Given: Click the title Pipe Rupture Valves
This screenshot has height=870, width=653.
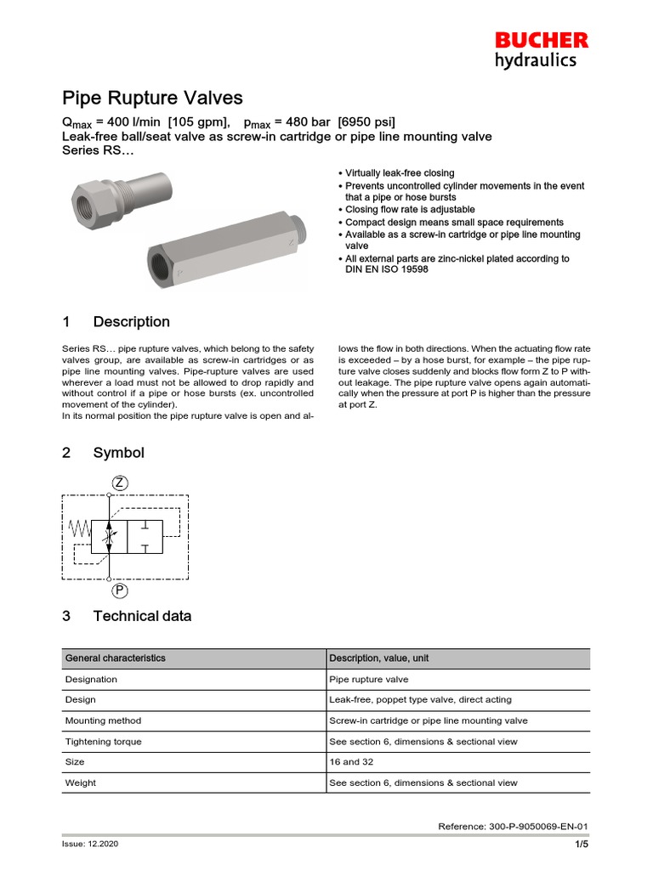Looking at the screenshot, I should tap(152, 98).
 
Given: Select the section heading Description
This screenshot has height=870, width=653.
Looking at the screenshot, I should tap(131, 322).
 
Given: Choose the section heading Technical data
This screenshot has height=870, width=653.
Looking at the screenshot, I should tap(142, 616).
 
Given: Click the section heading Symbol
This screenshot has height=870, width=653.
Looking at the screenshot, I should tap(118, 453).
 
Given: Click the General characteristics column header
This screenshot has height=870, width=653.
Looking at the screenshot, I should tap(116, 658).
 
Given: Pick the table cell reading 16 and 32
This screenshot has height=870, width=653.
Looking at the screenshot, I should tap(351, 762).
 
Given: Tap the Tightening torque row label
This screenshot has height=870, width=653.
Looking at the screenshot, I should tap(104, 742).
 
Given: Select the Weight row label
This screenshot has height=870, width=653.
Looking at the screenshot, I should tap(81, 782).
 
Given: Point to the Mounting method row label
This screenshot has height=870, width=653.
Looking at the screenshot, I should tap(103, 720).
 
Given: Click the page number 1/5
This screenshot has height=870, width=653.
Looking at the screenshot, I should tap(581, 845).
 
